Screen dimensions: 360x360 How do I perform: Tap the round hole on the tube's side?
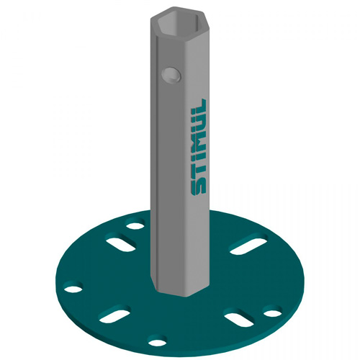click(x=171, y=74)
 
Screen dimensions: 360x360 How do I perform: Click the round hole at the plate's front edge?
click(x=157, y=341)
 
